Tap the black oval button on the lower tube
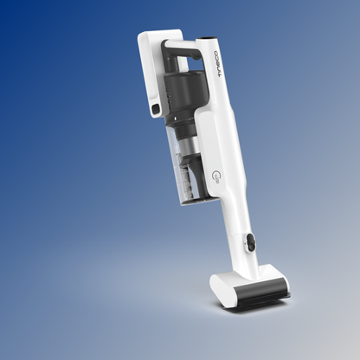tap(250, 243)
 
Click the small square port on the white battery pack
tap(155, 110)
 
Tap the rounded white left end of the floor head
tap(218, 285)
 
